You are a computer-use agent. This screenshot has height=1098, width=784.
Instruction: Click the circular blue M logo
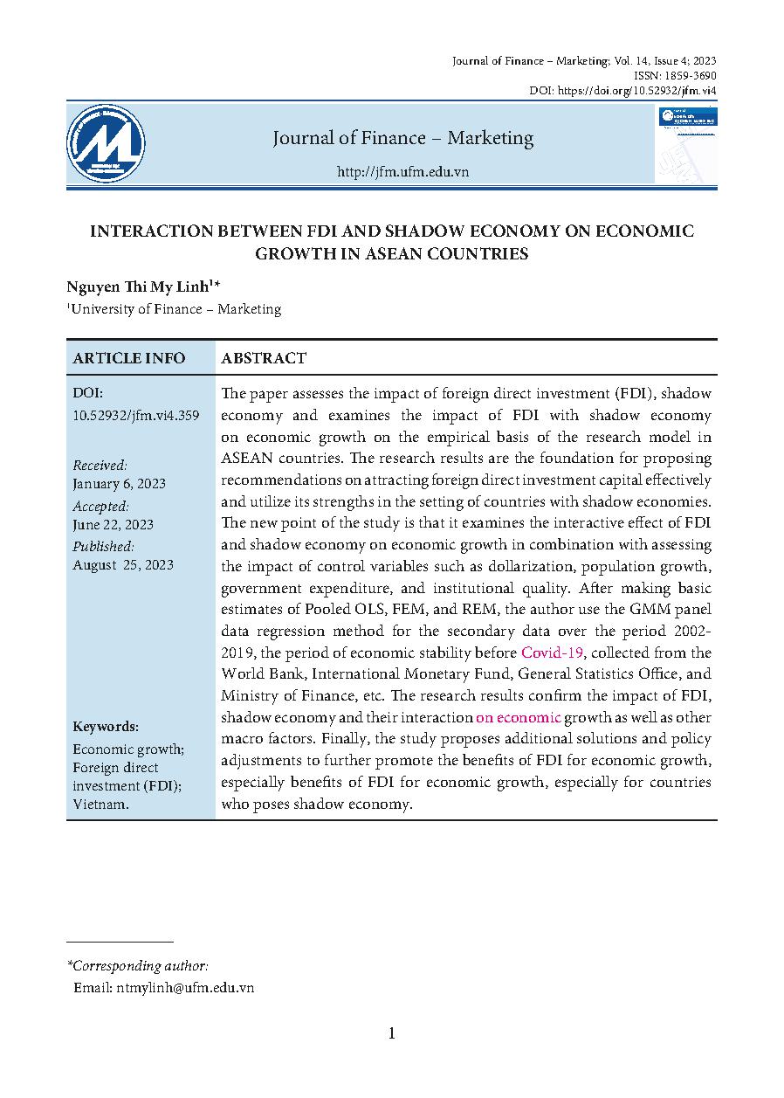pyautogui.click(x=106, y=143)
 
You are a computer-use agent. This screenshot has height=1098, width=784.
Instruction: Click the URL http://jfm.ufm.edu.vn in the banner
pyautogui.click(x=402, y=172)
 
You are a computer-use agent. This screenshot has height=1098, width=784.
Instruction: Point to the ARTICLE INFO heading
pyautogui.click(x=129, y=358)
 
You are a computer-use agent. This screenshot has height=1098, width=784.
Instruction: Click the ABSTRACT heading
pyautogui.click(x=264, y=358)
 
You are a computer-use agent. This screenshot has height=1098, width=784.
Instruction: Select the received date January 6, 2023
pyautogui.click(x=119, y=483)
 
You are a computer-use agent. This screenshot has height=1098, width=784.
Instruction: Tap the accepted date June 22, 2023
pyautogui.click(x=113, y=524)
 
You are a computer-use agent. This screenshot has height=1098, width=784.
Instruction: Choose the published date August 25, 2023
pyautogui.click(x=123, y=564)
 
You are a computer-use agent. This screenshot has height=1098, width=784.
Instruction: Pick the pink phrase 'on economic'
pyautogui.click(x=518, y=717)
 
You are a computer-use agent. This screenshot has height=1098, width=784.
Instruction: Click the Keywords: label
pyautogui.click(x=106, y=727)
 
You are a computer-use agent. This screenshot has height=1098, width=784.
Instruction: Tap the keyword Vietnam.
pyautogui.click(x=100, y=804)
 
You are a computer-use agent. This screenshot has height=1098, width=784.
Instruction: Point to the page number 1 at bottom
pyautogui.click(x=392, y=1034)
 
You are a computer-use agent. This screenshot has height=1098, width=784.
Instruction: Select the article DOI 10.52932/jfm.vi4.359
pyautogui.click(x=136, y=415)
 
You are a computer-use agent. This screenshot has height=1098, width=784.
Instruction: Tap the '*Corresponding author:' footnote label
pyautogui.click(x=137, y=966)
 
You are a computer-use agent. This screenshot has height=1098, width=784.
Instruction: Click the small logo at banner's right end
pyautogui.click(x=687, y=143)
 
